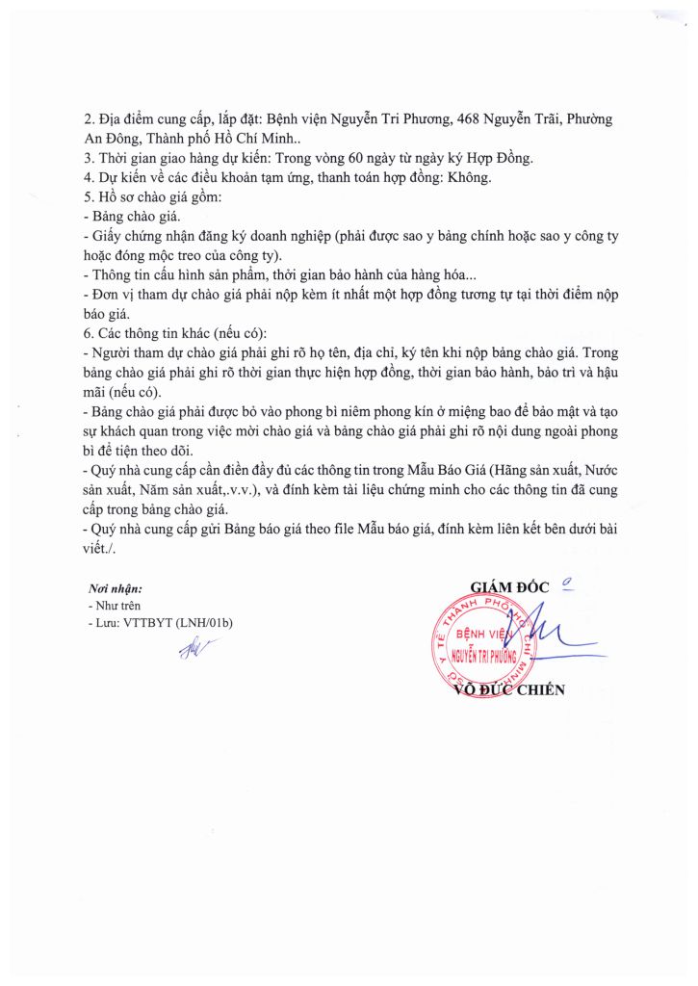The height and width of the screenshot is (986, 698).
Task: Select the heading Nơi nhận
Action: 115,588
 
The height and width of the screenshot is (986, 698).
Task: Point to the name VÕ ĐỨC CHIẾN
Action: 506,689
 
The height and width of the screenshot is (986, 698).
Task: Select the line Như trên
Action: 112,607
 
